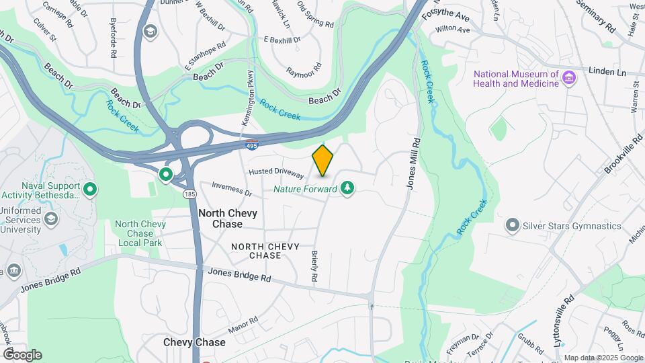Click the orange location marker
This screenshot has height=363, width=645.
pos(322,160)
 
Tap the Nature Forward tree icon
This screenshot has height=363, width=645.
pos(347,189)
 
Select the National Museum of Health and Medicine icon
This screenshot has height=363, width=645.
pos(569,78)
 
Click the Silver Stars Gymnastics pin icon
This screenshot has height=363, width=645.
pos(513,225)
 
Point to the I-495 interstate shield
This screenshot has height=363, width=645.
pos(252,145)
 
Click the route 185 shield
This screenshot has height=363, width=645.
pos(190,194)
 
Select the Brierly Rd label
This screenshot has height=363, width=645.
pos(314,266)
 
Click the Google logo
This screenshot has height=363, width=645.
pos(22,355)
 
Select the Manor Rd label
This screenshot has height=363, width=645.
pos(243,325)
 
